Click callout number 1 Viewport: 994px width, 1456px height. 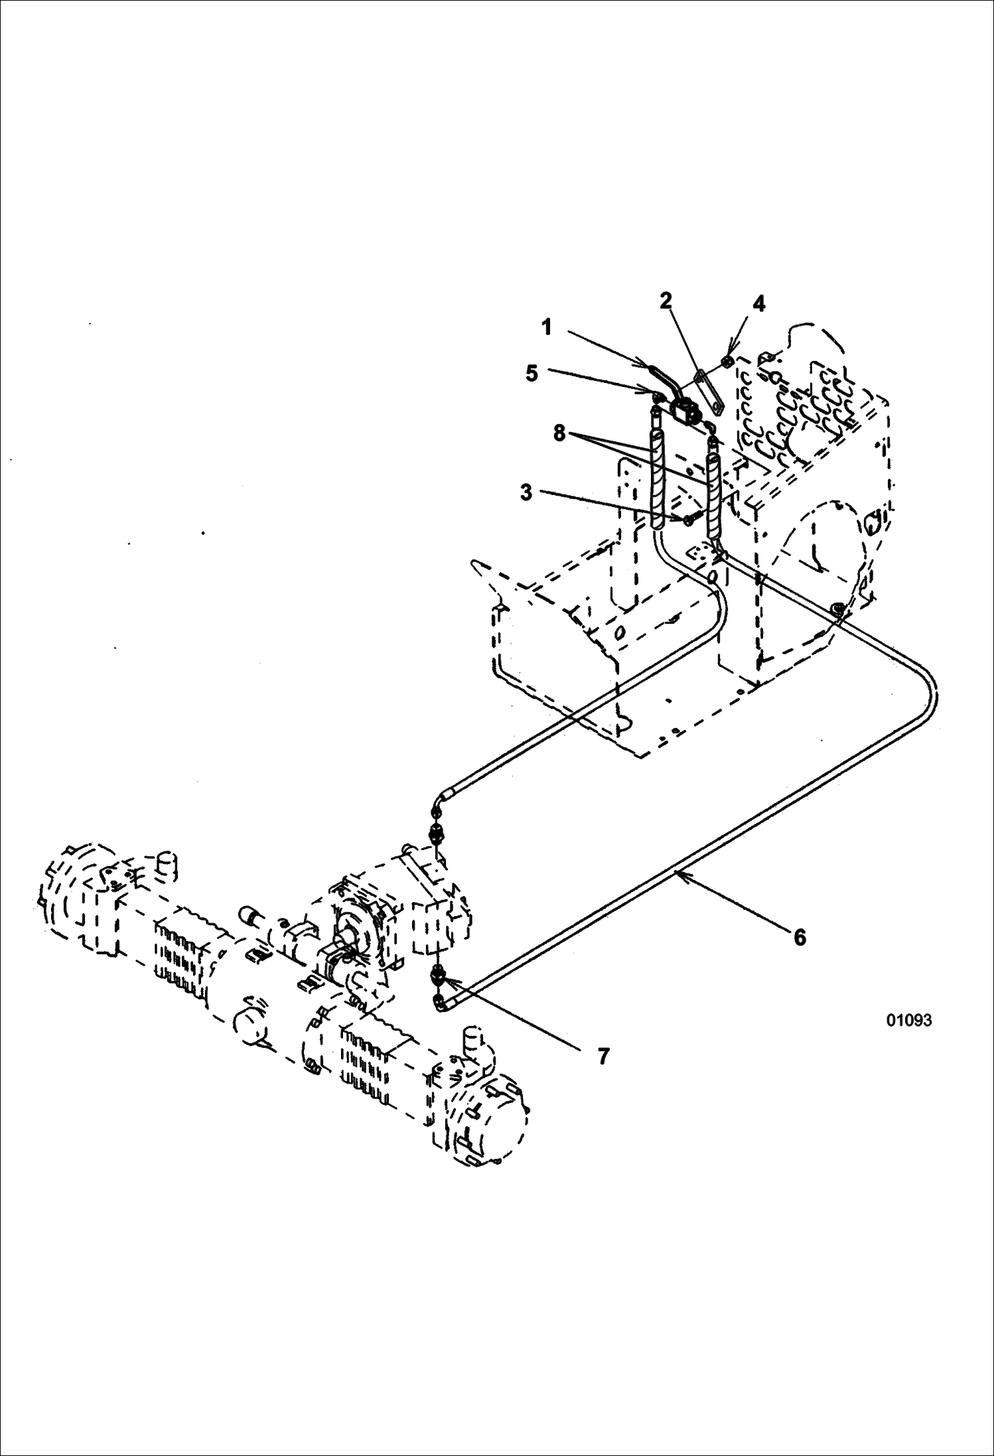point(547,327)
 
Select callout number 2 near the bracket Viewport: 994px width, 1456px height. point(666,301)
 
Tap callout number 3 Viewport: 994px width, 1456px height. point(526,492)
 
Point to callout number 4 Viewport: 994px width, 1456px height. point(759,304)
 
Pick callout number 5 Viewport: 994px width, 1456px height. point(532,374)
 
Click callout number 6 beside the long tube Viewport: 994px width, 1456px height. point(800,938)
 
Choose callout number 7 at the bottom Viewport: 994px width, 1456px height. point(603,1056)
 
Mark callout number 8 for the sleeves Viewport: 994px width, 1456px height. point(559,433)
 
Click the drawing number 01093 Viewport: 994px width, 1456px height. point(909,1020)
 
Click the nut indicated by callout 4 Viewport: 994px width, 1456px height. point(727,361)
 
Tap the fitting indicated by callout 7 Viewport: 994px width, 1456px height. point(439,975)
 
